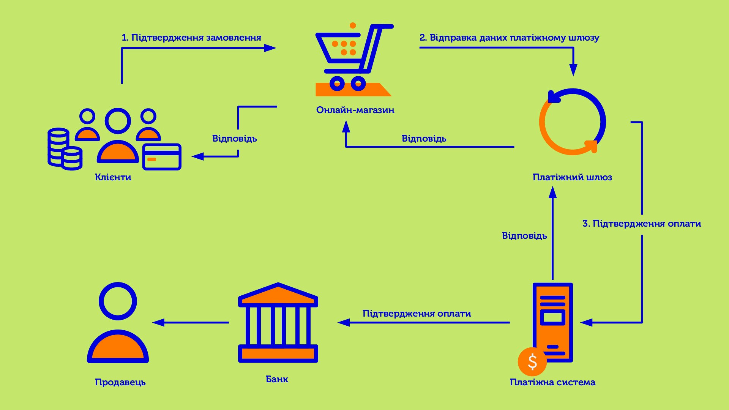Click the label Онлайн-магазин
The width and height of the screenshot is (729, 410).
(x=355, y=110)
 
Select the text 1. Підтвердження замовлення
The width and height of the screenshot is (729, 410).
(x=191, y=38)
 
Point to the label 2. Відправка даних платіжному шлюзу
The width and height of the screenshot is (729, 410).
(x=509, y=38)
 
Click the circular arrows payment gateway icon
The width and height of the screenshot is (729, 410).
(x=572, y=122)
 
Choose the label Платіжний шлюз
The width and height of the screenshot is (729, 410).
(x=572, y=177)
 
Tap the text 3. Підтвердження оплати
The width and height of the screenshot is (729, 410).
(x=642, y=224)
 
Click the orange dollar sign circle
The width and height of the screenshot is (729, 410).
(x=532, y=361)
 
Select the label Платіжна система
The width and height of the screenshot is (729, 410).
(x=552, y=382)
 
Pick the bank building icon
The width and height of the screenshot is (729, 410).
(x=278, y=323)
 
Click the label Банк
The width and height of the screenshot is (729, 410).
(x=277, y=379)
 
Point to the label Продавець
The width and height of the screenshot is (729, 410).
(x=120, y=382)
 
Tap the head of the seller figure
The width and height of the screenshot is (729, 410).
(x=118, y=301)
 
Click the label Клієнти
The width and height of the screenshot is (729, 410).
(x=113, y=177)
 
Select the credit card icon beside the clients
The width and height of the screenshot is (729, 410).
(x=162, y=156)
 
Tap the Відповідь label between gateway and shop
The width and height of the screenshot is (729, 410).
(x=424, y=139)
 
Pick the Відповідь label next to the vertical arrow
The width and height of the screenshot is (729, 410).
(x=524, y=236)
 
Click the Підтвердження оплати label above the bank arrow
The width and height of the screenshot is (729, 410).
(x=417, y=314)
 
